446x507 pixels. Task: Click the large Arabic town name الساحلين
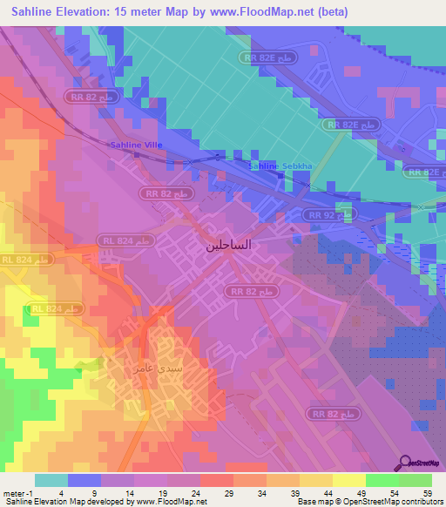228,245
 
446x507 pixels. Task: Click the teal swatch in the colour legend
51,480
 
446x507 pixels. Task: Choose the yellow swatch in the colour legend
348,480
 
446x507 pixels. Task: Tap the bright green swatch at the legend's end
416,480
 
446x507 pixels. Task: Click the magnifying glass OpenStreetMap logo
407,463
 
